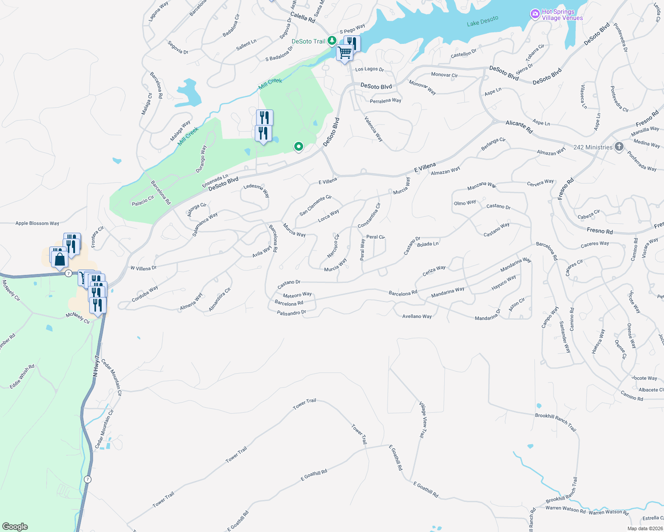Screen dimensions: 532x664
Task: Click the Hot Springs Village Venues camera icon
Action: click(535, 14)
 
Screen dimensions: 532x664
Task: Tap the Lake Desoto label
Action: click(482, 21)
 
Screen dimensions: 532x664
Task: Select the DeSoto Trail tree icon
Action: click(332, 41)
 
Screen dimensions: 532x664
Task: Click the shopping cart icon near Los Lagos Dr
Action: click(344, 53)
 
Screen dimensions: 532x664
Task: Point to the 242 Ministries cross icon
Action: click(619, 147)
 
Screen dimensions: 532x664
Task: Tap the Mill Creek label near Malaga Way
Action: click(188, 137)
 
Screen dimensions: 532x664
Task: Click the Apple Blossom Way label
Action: click(37, 223)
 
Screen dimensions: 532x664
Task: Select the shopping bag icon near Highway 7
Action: click(59, 259)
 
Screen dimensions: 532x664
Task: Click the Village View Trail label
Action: click(423, 419)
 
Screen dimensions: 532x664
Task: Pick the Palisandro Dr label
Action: click(291, 313)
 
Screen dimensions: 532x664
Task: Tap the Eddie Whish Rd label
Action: click(22, 377)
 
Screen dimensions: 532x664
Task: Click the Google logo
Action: click(15, 527)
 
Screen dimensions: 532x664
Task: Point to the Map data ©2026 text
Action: click(644, 528)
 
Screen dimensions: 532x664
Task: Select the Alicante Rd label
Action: click(519, 127)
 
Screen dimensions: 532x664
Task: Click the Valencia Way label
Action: click(373, 129)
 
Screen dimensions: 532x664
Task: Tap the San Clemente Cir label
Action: click(315, 205)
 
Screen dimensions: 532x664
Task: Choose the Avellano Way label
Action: click(417, 317)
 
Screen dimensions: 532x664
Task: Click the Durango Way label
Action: click(201, 159)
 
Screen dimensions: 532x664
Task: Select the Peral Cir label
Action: click(375, 237)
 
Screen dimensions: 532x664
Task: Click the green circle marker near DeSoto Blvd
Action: click(299, 146)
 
